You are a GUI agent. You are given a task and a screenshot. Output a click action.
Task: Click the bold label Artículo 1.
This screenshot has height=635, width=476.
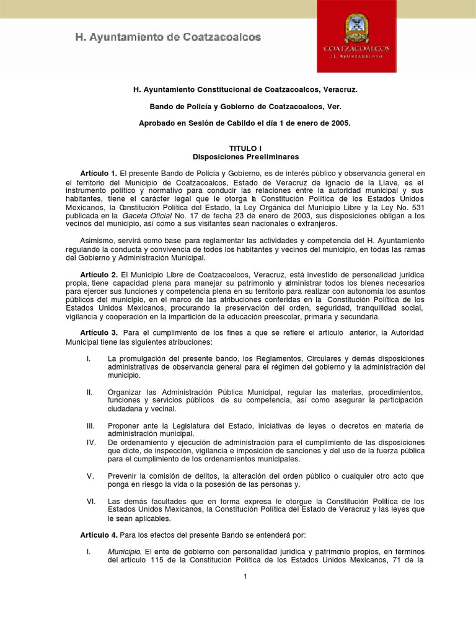pyautogui.click(x=99, y=172)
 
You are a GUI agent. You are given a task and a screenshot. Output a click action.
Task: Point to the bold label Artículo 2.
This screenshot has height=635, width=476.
pyautogui.click(x=99, y=274)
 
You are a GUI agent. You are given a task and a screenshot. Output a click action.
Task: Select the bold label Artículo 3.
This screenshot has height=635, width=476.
pyautogui.click(x=99, y=333)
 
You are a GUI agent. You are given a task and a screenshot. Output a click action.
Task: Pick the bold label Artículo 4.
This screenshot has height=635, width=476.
pyautogui.click(x=99, y=535)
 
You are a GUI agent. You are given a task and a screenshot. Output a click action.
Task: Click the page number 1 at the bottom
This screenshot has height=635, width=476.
pyautogui.click(x=245, y=577)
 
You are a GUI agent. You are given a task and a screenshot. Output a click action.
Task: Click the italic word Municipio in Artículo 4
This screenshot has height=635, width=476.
pyautogui.click(x=125, y=551)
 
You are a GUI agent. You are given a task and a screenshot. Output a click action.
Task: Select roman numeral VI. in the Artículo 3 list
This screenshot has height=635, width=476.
pyautogui.click(x=90, y=501)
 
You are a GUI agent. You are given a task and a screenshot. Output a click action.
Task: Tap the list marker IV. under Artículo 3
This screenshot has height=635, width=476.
pyautogui.click(x=90, y=442)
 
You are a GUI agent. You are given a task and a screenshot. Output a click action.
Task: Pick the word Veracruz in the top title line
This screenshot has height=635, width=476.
pyautogui.click(x=337, y=90)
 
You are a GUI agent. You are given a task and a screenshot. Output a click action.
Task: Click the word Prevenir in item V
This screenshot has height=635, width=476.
pyautogui.click(x=123, y=476)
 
